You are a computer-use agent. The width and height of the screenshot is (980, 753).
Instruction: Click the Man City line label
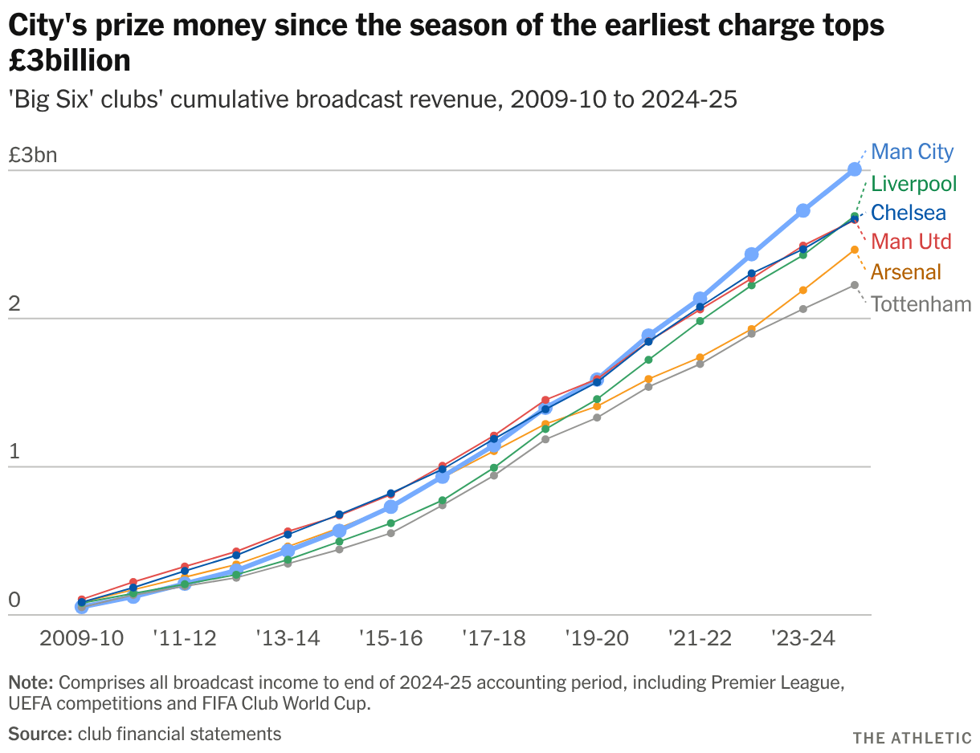[912, 152]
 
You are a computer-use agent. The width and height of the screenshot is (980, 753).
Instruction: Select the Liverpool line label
[913, 184]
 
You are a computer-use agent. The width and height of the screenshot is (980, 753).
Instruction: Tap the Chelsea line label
[909, 213]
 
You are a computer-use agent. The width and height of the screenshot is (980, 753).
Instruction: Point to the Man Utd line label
[911, 242]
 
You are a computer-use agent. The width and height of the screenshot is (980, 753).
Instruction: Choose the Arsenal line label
[906, 271]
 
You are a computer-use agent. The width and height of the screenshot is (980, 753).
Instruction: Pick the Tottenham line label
[921, 304]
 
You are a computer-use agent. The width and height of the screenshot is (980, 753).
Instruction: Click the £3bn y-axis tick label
[33, 155]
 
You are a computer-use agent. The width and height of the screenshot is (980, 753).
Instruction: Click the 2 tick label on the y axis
[14, 303]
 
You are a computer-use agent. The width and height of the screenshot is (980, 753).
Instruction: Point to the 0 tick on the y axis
[14, 600]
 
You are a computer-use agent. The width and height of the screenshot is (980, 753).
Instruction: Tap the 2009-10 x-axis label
[82, 638]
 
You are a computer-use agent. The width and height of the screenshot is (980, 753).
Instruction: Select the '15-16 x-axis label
[391, 638]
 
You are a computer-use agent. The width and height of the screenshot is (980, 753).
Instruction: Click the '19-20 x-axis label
[597, 638]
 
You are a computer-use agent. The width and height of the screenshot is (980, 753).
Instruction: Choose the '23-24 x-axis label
[802, 638]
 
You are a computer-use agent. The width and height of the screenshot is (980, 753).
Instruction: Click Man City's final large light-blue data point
[854, 169]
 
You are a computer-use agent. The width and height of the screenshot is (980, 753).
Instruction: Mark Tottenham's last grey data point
[854, 285]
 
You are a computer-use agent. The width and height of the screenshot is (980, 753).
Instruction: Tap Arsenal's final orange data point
[854, 250]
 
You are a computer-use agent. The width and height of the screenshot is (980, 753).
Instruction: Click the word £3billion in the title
[69, 60]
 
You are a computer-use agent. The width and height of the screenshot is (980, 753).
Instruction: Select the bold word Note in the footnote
[31, 682]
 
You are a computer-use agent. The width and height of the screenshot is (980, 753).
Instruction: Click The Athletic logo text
[912, 738]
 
